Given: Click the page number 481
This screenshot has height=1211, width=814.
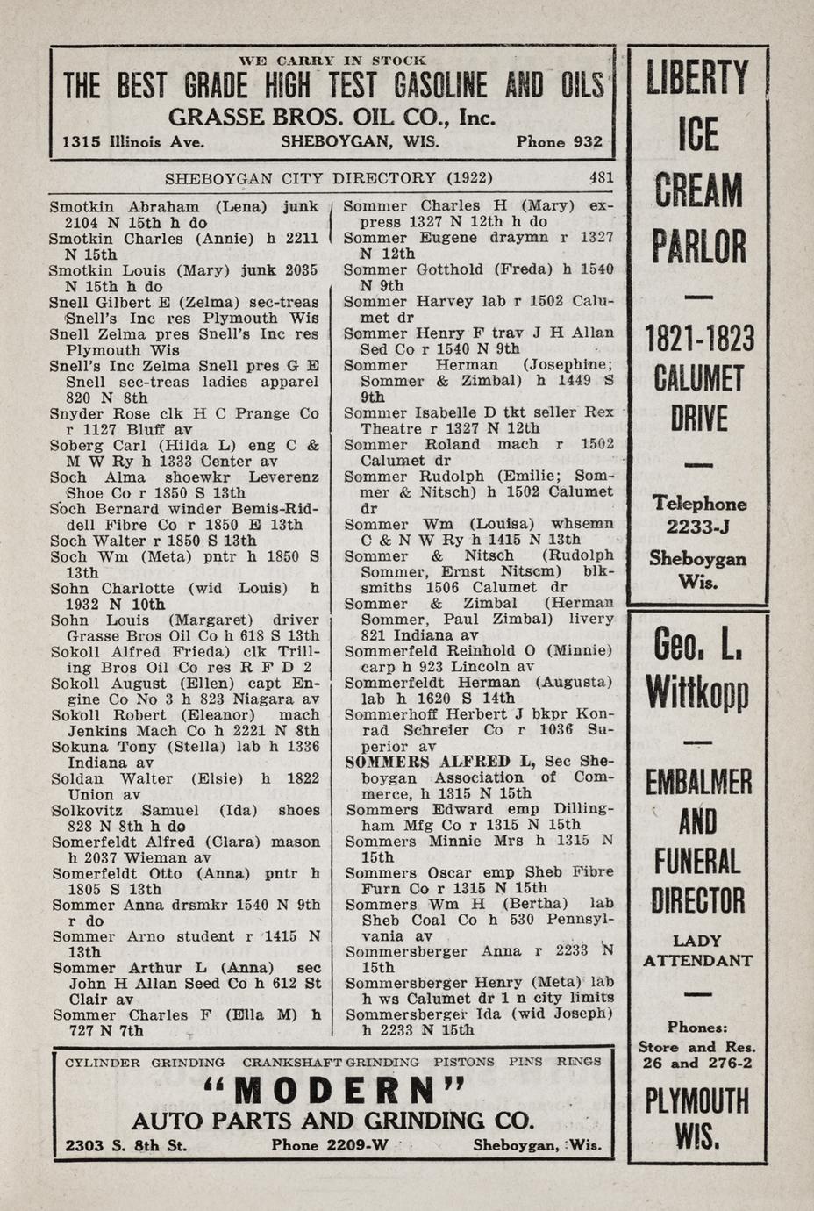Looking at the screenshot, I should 601,177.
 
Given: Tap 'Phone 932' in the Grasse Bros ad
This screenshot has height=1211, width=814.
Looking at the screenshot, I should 559,141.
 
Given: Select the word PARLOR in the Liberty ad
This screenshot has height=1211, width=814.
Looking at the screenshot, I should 698,247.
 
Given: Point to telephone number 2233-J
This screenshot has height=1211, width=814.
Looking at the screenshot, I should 698,525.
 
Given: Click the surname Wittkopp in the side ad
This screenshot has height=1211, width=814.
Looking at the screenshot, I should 698,692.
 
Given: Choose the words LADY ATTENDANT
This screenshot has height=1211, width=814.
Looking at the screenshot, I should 698,950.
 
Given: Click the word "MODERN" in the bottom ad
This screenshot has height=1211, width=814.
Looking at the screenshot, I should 338,1090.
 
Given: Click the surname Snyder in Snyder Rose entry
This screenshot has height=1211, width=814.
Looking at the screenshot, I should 77,413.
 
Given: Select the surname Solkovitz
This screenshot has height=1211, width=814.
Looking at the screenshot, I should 91,810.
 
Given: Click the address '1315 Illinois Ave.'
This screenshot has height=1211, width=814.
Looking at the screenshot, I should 133,141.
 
